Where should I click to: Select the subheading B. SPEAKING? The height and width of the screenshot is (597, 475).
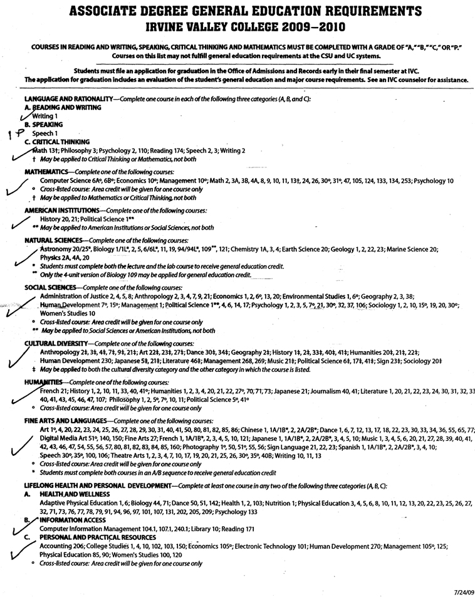point(42,124)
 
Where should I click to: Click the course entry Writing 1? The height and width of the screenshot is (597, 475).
point(45,116)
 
